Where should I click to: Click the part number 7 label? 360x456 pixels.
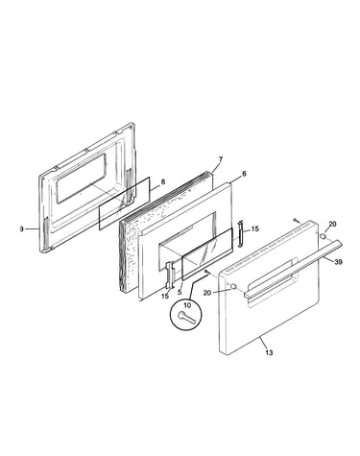(x=220, y=159)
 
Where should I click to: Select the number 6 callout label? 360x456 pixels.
(x=244, y=174)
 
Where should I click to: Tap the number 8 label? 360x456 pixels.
(x=163, y=182)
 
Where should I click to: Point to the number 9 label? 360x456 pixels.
(x=21, y=229)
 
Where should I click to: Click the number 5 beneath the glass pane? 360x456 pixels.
(x=180, y=292)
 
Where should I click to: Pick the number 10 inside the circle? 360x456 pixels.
(x=187, y=305)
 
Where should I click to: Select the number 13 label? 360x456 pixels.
(x=269, y=352)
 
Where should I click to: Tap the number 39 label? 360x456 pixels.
(x=338, y=262)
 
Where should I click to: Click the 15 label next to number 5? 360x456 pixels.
(x=165, y=297)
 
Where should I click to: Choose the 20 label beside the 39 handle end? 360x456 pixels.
(x=332, y=224)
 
